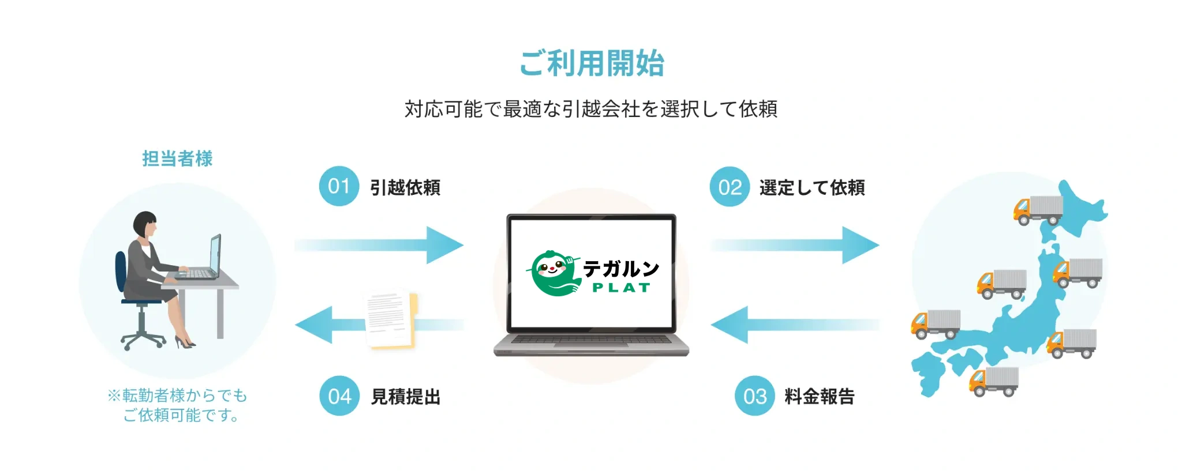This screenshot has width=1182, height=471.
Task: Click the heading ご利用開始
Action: point(592,63)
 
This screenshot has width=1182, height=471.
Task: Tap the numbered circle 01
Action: point(339,186)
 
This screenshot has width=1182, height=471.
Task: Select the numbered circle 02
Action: point(730,187)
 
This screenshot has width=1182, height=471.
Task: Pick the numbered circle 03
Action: point(754,396)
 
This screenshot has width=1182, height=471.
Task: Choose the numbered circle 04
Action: point(339,396)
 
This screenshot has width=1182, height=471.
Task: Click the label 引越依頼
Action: point(405,187)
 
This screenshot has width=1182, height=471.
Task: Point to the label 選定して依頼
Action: point(812,187)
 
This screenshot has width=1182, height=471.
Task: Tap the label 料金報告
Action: point(820,397)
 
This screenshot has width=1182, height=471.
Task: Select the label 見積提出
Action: point(406,397)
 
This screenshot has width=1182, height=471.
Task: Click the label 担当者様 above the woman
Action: point(177,159)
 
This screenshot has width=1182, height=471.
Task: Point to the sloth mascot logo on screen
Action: point(553,273)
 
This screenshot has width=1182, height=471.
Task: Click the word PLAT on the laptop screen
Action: point(621,288)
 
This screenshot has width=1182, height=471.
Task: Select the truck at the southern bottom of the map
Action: point(994,382)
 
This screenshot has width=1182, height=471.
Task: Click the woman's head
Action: point(144,224)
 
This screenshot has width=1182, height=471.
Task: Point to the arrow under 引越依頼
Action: point(379,245)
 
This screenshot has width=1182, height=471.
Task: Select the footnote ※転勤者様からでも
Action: point(177,395)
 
